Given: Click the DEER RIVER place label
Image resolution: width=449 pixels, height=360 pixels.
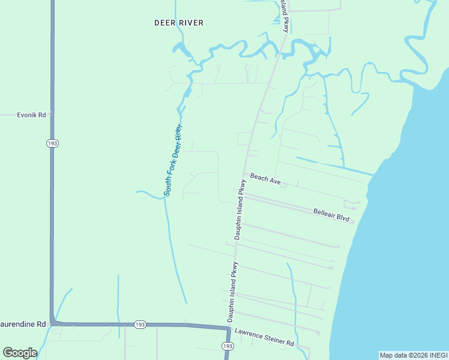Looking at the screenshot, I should [x=179, y=23].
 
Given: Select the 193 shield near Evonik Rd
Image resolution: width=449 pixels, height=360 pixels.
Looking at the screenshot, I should [x=52, y=143].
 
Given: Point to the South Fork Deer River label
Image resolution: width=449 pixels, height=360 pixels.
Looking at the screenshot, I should [x=173, y=160].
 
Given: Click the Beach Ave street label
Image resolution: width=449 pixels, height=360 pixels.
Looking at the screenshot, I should [x=265, y=178].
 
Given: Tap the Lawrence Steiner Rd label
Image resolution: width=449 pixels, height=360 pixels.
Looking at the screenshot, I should [x=264, y=337].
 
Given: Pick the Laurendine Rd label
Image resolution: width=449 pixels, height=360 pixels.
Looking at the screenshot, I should [x=23, y=324].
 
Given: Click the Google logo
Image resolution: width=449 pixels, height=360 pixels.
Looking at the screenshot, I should [x=20, y=352].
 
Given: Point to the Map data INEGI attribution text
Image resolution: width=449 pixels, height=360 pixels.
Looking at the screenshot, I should [x=414, y=355].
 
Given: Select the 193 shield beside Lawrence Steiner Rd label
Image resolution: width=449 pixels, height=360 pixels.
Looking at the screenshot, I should [x=227, y=347].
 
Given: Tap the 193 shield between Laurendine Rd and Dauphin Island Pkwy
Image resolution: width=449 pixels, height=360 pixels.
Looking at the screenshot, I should [x=140, y=324].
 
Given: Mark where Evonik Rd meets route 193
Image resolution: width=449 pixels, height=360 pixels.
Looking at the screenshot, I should [x=52, y=114].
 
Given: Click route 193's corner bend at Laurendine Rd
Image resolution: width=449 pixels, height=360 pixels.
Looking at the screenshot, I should [x=53, y=323].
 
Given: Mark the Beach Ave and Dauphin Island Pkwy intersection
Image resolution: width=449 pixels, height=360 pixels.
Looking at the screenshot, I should [x=244, y=174].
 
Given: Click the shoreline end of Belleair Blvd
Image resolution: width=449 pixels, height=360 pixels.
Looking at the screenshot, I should [x=353, y=222].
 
